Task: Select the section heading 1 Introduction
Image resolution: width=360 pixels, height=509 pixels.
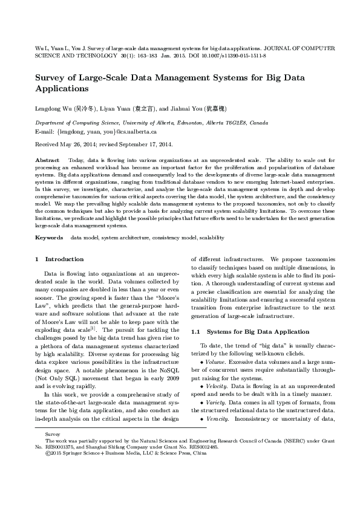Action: (x=56, y=259)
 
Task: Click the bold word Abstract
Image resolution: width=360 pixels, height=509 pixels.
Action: (x=48, y=159)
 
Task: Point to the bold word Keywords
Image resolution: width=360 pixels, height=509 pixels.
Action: (x=50, y=238)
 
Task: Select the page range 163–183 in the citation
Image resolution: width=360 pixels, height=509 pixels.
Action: (x=145, y=55)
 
